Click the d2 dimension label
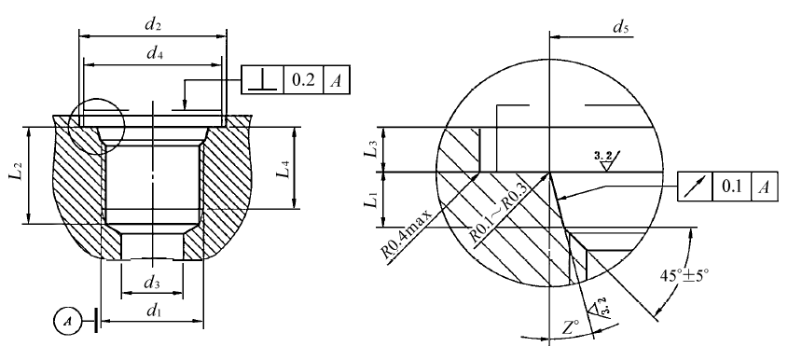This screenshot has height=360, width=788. [x=153, y=25]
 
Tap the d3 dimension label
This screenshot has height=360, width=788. [x=152, y=283]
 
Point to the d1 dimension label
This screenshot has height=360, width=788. [x=154, y=312]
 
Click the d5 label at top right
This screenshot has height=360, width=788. [x=621, y=27]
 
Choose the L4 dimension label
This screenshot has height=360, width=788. [x=283, y=169]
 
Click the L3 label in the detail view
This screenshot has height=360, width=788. [x=370, y=151]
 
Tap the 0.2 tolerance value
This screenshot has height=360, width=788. [x=303, y=80]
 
